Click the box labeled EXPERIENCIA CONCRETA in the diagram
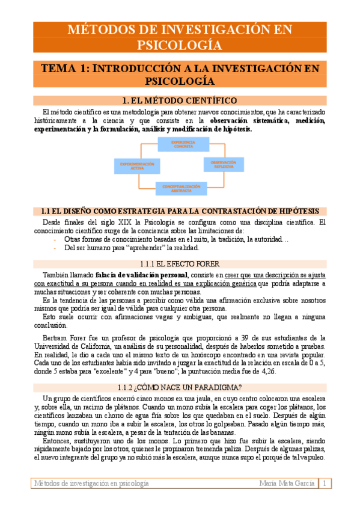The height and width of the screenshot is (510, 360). coord(178,144)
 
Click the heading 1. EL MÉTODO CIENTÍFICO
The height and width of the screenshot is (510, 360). coord(179,100)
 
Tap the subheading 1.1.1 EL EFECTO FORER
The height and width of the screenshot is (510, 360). coord(179,264)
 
